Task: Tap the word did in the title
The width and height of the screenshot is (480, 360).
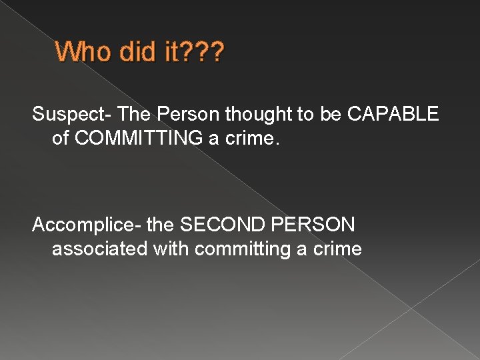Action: (135, 51)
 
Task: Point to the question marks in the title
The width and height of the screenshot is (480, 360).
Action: (205, 51)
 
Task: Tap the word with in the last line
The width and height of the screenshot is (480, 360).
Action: (171, 249)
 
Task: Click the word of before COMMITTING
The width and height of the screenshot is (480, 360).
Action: (61, 138)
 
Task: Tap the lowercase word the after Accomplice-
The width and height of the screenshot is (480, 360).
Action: (159, 225)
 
